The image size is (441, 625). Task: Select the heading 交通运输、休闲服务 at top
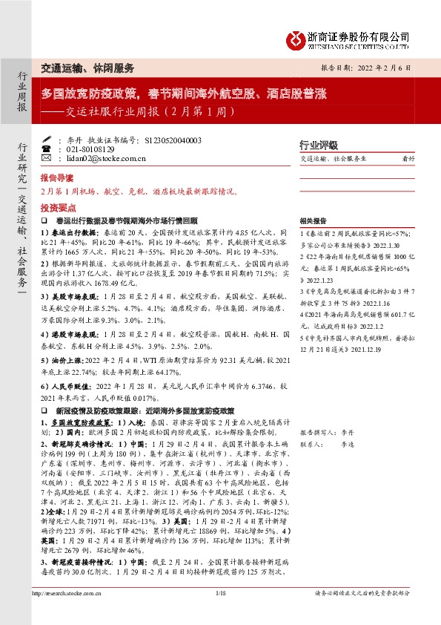pyautogui.click(x=87, y=68)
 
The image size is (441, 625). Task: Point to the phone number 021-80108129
pyautogui.click(x=89, y=149)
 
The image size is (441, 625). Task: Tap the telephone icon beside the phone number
pyautogui.click(x=47, y=149)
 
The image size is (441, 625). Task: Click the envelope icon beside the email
pyautogui.click(x=47, y=158)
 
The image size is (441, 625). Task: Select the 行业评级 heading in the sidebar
pyautogui.click(x=318, y=145)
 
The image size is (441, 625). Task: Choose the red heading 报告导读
pyautogui.click(x=57, y=179)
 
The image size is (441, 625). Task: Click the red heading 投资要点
pyautogui.click(x=57, y=209)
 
